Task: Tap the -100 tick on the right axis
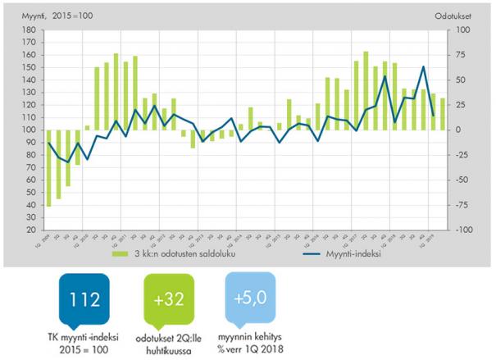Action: [x=462, y=230]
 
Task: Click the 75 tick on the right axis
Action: [x=459, y=55]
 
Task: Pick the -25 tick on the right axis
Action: [x=460, y=155]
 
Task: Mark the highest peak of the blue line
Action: [x=423, y=66]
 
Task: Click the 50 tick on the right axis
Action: [x=459, y=80]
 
